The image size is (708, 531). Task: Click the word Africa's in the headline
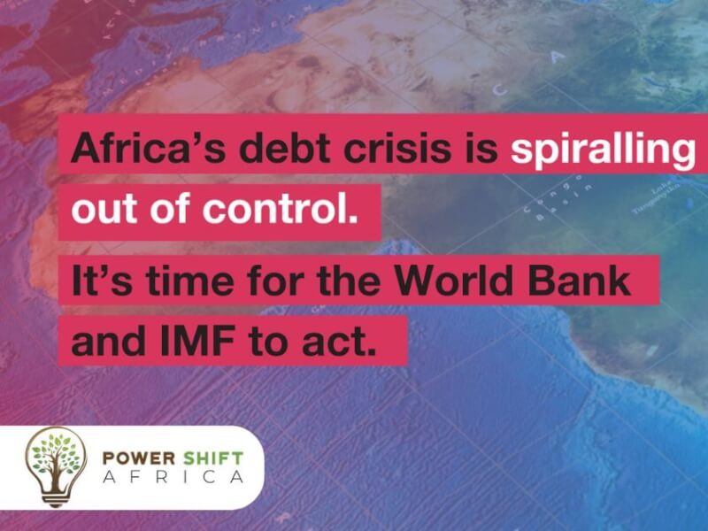click(x=134, y=146)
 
